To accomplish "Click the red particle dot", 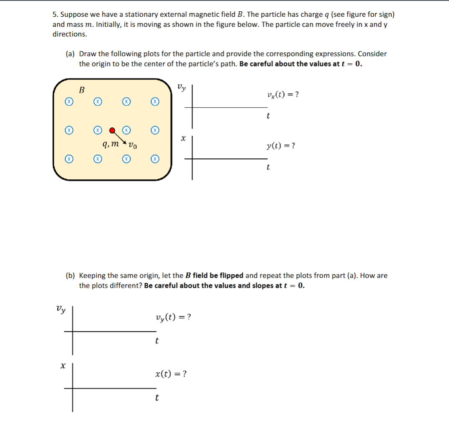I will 112,130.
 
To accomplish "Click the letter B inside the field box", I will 82,90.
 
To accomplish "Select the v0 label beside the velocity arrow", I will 132,146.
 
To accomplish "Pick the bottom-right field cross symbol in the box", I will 155,159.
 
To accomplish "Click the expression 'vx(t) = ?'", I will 282,94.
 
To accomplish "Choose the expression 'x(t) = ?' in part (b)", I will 171,374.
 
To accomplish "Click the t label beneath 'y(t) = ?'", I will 268,168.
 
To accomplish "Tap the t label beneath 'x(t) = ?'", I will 157,397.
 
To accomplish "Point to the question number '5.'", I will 55,14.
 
